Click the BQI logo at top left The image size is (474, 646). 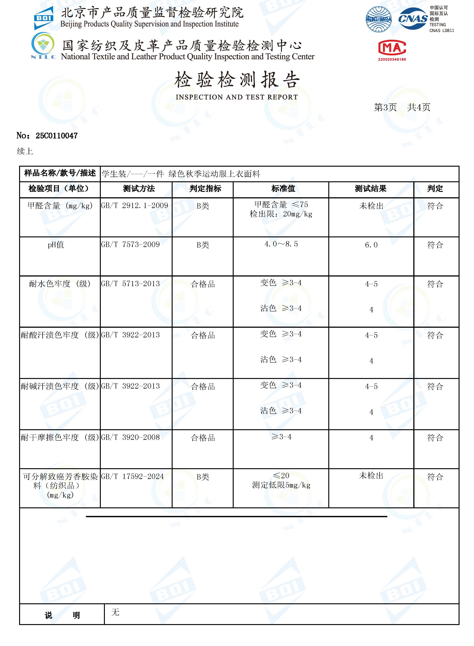[x=44, y=18]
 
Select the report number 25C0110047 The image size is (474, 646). [x=57, y=136]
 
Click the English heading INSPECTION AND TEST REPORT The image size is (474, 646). [x=237, y=97]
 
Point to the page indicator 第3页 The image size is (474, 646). [x=385, y=107]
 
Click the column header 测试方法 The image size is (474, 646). [x=139, y=189]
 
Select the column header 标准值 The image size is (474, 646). [x=283, y=189]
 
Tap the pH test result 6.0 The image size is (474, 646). [x=371, y=245]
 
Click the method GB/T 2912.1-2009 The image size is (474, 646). [x=134, y=206]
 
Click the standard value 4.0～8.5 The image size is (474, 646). [x=281, y=244]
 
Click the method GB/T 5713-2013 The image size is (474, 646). [x=130, y=284]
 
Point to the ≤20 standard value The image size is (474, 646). [x=281, y=476]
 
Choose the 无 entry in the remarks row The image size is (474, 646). [x=115, y=612]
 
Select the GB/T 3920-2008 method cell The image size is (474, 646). [x=130, y=437]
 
